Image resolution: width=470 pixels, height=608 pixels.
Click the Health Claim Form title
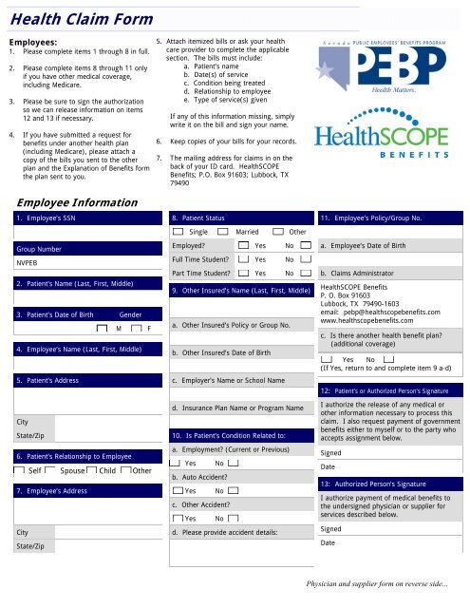click(x=71, y=16)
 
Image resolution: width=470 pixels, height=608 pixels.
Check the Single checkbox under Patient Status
click(x=179, y=233)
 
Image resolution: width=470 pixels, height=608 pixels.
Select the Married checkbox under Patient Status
click(x=223, y=233)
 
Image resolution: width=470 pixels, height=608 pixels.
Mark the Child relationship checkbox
click(x=91, y=471)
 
